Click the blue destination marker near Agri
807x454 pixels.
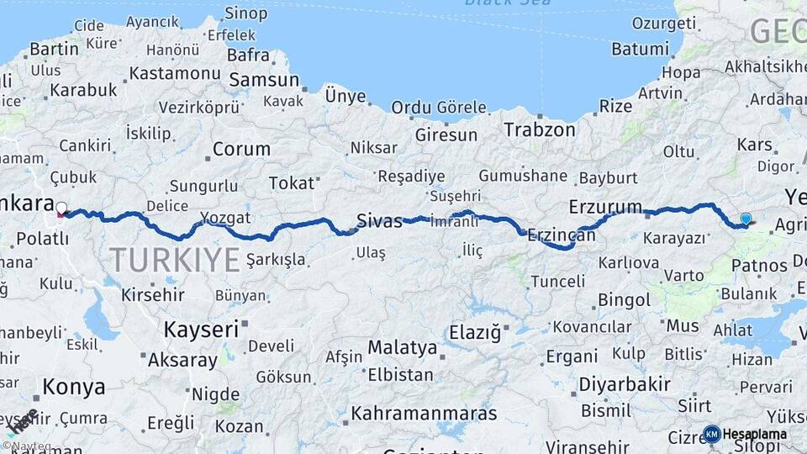(x=746, y=219)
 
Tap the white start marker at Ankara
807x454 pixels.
(x=61, y=207)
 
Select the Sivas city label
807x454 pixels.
(x=380, y=221)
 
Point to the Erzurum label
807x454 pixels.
(x=605, y=207)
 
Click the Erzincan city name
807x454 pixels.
(x=562, y=236)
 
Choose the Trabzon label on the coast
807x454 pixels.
(x=540, y=129)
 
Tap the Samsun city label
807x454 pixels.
(x=264, y=81)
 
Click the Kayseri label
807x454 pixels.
(x=201, y=329)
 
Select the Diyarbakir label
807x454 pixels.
(x=625, y=385)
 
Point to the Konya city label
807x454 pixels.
(x=74, y=387)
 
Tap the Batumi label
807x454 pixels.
(x=639, y=49)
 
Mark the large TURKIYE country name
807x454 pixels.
(x=174, y=261)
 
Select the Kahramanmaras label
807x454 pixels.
(x=424, y=414)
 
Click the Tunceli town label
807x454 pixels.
(x=556, y=281)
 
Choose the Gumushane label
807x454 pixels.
(x=523, y=176)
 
